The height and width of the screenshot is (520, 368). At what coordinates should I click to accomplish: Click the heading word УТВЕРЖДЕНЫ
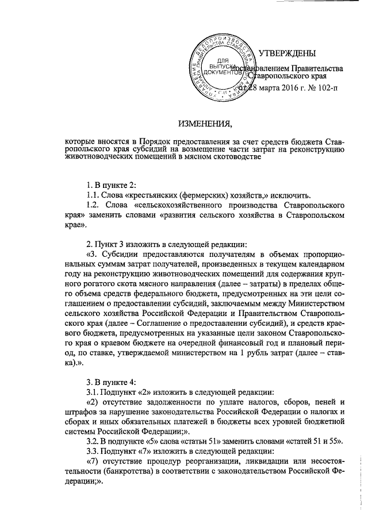[x=287, y=54]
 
